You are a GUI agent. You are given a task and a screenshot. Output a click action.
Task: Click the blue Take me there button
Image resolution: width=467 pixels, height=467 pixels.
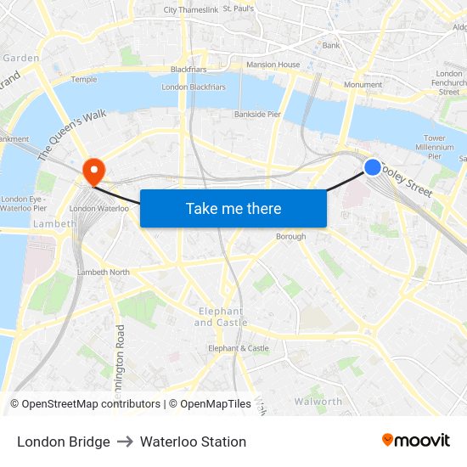(x=233, y=208)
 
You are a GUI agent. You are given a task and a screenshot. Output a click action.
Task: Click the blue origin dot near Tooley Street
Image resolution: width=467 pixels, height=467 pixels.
(x=372, y=167)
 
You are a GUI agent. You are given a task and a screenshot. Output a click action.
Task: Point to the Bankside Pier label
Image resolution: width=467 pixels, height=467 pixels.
(x=257, y=114)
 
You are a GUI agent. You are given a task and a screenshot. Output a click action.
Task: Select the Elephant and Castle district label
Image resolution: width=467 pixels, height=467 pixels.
(x=219, y=317)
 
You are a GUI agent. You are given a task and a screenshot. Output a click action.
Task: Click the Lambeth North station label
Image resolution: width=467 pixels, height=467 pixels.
(x=103, y=272)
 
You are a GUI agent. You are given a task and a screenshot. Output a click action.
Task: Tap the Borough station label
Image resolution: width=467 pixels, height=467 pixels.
(x=290, y=237)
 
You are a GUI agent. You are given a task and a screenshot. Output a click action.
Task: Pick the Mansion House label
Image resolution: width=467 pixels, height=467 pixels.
(x=273, y=65)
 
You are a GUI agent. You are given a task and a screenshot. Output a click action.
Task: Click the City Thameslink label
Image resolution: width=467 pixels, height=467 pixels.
(x=191, y=10)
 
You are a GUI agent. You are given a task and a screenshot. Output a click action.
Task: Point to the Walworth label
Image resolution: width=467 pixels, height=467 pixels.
(x=318, y=401)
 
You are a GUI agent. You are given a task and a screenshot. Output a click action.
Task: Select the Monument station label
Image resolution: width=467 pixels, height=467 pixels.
(x=363, y=85)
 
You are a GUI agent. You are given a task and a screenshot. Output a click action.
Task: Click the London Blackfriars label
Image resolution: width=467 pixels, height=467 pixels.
(x=194, y=87)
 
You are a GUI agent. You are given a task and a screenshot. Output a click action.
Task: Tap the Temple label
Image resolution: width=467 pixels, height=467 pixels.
(x=84, y=79)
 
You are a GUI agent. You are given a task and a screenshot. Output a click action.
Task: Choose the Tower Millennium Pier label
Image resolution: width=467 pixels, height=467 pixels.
(x=435, y=147)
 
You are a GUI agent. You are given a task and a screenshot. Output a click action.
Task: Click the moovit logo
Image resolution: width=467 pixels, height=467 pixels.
(x=416, y=440)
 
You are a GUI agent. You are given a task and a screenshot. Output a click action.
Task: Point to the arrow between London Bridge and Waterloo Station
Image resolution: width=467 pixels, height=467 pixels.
(x=125, y=442)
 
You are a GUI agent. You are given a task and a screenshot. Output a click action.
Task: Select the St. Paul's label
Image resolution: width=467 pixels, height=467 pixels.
(x=239, y=8)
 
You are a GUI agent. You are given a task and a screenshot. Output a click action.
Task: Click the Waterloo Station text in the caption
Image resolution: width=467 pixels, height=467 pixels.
(x=193, y=442)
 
